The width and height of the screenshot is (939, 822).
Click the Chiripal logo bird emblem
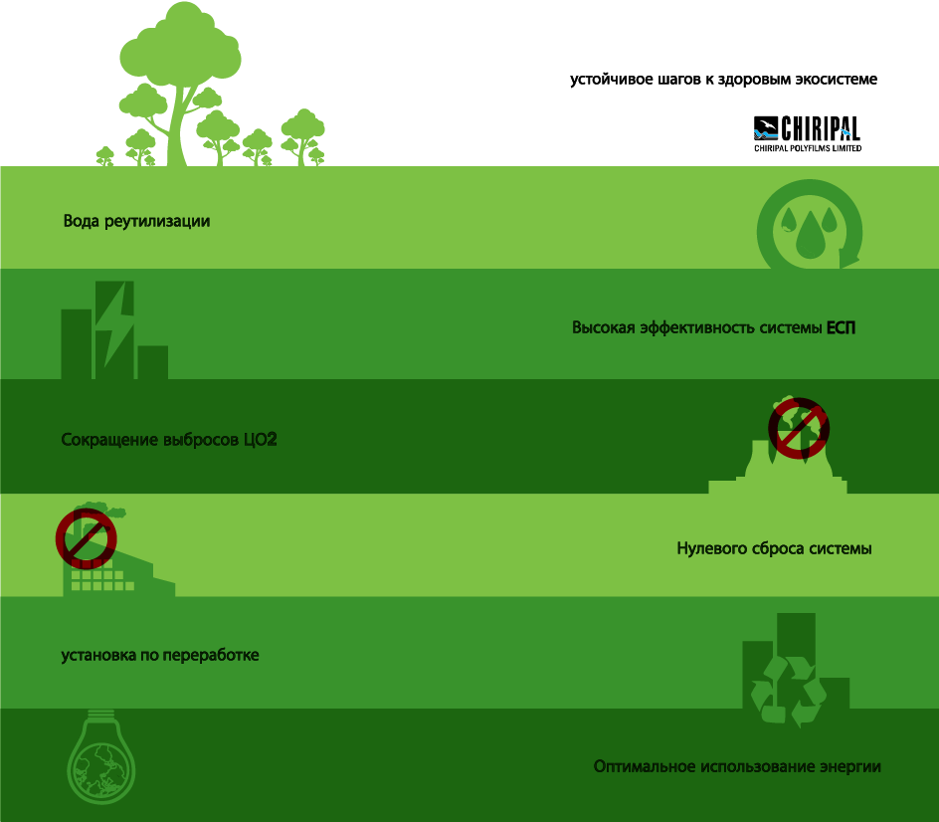point(765,127)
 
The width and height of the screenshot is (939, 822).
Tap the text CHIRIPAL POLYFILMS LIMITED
point(808,148)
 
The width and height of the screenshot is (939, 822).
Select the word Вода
point(81,221)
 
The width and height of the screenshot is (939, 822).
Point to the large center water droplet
point(811,235)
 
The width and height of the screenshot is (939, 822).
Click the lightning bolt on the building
point(114,323)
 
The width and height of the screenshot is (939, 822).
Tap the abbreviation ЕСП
point(841,327)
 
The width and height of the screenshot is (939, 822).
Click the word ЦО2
point(261,440)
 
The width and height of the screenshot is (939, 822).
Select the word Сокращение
point(109,440)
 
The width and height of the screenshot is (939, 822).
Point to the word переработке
point(211,655)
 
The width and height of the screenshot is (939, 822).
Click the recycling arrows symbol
point(789,692)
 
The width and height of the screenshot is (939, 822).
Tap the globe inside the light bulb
point(100,770)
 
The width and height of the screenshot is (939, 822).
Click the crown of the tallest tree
point(180,47)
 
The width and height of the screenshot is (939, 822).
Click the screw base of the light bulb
point(101,716)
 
